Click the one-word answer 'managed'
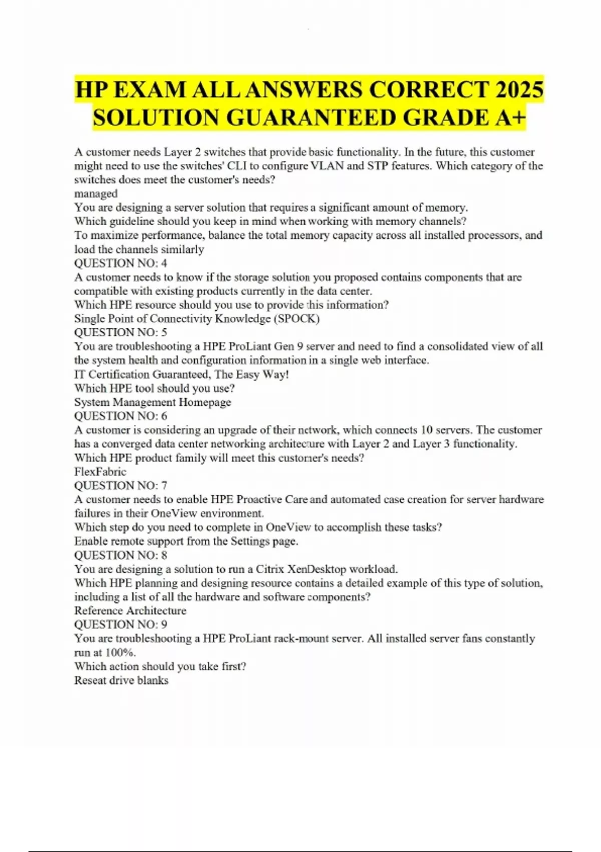pyautogui.click(x=96, y=193)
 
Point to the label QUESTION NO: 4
pyautogui.click(x=121, y=263)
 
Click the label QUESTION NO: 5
pyautogui.click(x=121, y=332)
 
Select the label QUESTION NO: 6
pyautogui.click(x=121, y=416)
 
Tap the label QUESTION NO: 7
pyautogui.click(x=121, y=485)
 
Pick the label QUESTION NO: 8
pyautogui.click(x=121, y=555)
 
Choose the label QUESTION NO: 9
pyautogui.click(x=121, y=624)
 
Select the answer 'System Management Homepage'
pyautogui.click(x=153, y=402)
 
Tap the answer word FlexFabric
pyautogui.click(x=100, y=472)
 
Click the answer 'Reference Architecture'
pyautogui.click(x=130, y=610)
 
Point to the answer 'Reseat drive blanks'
pyautogui.click(x=121, y=680)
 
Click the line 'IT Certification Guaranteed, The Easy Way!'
pyautogui.click(x=181, y=374)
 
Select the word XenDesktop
pyautogui.click(x=317, y=569)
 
